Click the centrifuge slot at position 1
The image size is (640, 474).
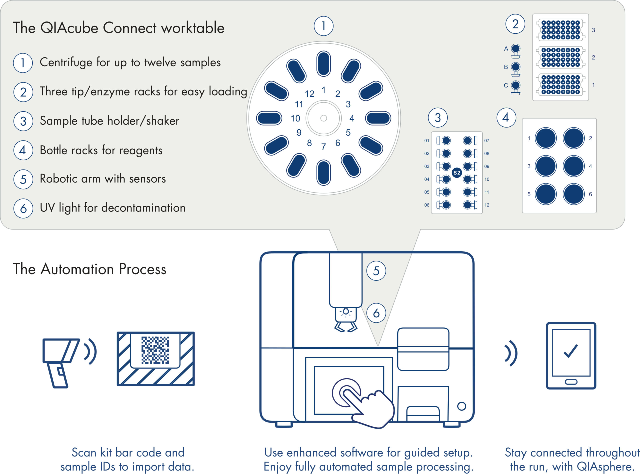(x=323, y=64)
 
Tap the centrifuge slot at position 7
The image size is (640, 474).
(x=323, y=173)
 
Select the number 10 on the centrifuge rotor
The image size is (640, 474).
(x=295, y=118)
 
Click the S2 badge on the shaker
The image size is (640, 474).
(x=457, y=173)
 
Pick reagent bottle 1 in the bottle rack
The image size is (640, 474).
(x=545, y=138)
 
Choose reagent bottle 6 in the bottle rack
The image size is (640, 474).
(x=573, y=194)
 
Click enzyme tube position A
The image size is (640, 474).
(x=515, y=48)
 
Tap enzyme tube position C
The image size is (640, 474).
(x=515, y=85)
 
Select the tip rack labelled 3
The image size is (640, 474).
(x=560, y=30)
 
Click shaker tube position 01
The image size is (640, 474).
(x=446, y=140)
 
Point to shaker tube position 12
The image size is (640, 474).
(x=467, y=205)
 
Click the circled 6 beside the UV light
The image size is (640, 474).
(x=376, y=313)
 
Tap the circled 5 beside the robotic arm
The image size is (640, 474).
(x=376, y=271)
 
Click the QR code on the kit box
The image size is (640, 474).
(x=155, y=350)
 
